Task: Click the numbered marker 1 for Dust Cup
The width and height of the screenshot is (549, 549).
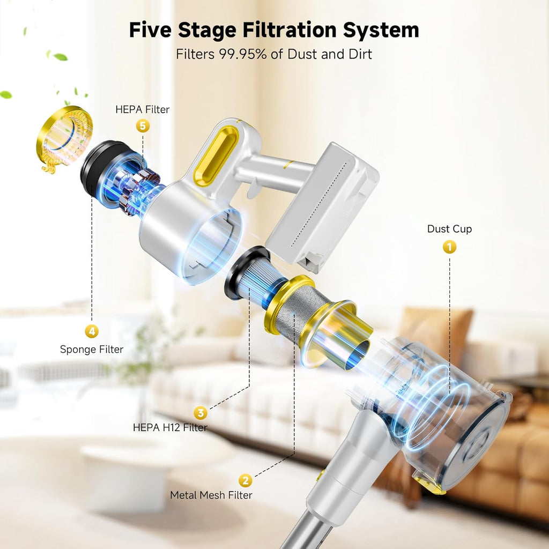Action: point(449,247)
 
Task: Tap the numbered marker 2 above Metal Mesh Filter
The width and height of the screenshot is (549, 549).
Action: point(246,480)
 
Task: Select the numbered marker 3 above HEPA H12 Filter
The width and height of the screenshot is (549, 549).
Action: point(201,413)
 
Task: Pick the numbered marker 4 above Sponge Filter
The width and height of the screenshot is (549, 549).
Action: point(92,331)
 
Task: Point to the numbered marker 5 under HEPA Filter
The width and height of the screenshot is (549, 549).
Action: point(143,125)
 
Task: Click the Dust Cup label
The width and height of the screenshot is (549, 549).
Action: point(449,229)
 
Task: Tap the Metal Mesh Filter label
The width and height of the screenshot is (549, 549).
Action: point(211,495)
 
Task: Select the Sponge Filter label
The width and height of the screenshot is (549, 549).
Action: point(92,350)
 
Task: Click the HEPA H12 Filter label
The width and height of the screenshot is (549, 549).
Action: point(170,427)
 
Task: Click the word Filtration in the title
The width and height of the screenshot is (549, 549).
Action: point(290,30)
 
